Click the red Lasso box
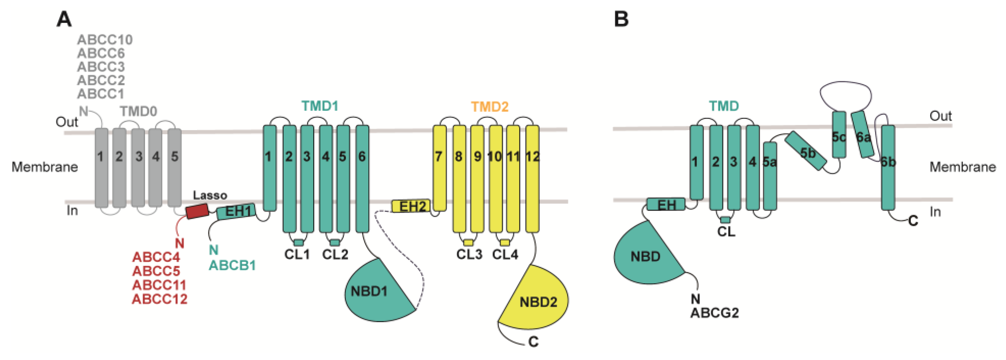(x=197, y=211)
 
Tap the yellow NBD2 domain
(x=537, y=301)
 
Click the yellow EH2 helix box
(x=411, y=206)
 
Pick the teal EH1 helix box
(x=236, y=211)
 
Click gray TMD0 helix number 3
(x=138, y=168)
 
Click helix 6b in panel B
(x=888, y=168)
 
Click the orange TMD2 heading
(x=489, y=107)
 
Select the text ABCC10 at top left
(x=105, y=40)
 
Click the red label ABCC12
(x=159, y=299)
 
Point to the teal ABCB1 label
(x=232, y=266)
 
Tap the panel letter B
(x=621, y=19)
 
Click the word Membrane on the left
(x=45, y=167)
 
